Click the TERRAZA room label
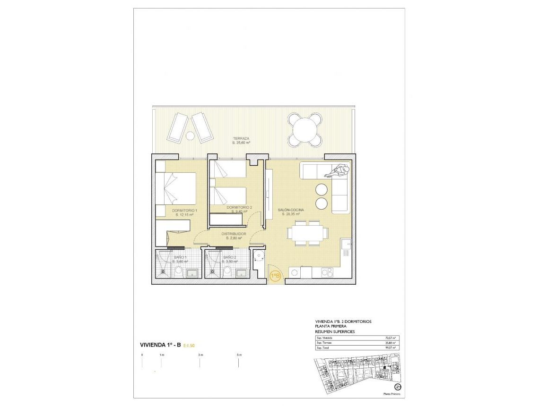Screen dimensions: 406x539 [x=241, y=138]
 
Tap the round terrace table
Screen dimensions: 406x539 [x=305, y=129]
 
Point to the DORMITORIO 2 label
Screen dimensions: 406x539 [x=239, y=208]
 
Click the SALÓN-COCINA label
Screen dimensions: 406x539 [x=291, y=210]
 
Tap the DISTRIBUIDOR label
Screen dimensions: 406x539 [x=234, y=234]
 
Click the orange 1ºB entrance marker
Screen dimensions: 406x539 [x=274, y=275]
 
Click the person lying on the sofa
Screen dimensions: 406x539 [x=337, y=170]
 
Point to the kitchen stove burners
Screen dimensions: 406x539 [x=327, y=272]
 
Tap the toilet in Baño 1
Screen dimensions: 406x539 [x=179, y=271]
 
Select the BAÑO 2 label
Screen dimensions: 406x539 [x=230, y=257]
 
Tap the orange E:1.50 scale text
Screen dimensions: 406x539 [x=190, y=346]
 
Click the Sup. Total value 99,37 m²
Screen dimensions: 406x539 [x=390, y=348]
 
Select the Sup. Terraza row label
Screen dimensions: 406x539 [x=324, y=343]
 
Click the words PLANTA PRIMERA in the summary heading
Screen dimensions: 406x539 [x=331, y=326]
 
